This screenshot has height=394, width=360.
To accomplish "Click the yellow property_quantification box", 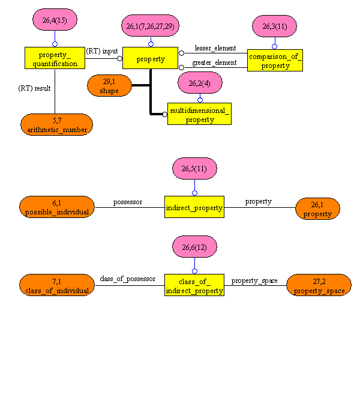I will pos(55,58).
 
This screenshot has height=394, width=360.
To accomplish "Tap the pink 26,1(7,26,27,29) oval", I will pos(150,26).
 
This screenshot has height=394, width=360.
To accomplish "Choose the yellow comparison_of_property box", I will pos(275,61).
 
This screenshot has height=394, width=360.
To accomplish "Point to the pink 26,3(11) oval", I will pos(275,26).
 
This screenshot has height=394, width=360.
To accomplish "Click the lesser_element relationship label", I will pos(215,48).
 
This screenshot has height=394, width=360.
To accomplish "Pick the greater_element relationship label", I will pos(214,62).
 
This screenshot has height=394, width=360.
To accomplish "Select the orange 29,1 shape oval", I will pos(109,86).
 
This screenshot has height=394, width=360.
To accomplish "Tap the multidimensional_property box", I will pos(199,114).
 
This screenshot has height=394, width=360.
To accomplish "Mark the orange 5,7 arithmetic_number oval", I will pos(57,124).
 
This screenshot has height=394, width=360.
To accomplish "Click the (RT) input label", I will pos(102,51).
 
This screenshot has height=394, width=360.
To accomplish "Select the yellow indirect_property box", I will pos(194,207).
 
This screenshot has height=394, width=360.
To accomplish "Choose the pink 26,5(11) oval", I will pos(194,169).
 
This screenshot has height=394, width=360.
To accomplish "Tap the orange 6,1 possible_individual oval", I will pos(57,207).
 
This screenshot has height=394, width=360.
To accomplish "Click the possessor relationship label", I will pos(127,202).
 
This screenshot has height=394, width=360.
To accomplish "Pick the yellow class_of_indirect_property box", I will pos(194,285).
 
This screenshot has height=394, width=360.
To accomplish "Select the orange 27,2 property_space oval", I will pos(319,285).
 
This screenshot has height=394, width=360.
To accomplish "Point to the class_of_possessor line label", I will pos(128,279).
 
